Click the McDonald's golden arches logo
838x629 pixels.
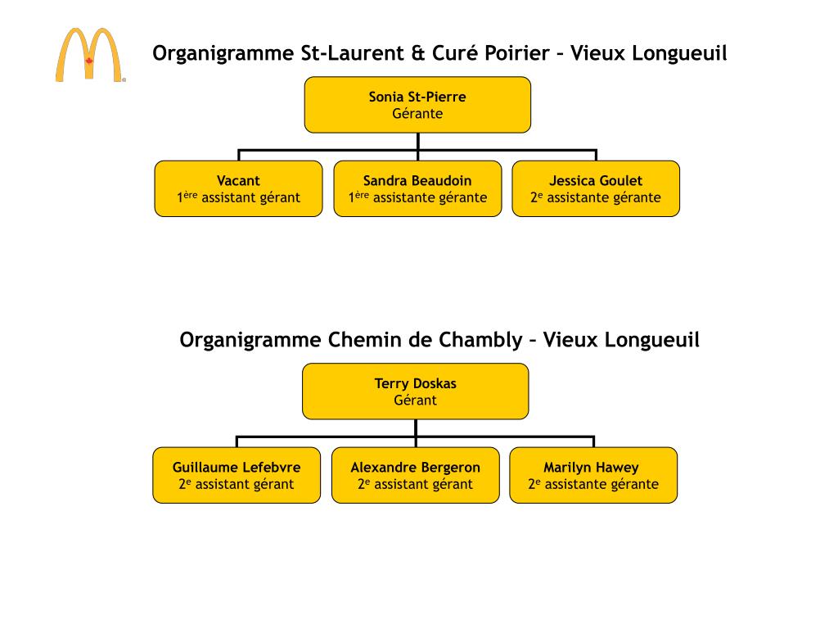pyautogui.click(x=90, y=55)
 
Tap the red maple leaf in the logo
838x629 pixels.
pyautogui.click(x=90, y=61)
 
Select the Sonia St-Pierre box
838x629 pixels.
pyautogui.click(x=417, y=105)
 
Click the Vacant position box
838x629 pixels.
pyautogui.click(x=238, y=188)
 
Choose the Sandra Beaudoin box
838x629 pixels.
pyautogui.click(x=417, y=188)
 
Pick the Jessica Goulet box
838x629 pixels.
pyautogui.click(x=596, y=188)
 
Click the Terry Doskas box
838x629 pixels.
pyautogui.click(x=415, y=391)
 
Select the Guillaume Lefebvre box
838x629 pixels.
pyautogui.click(x=237, y=475)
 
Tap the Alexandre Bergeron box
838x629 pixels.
pyautogui.click(x=415, y=475)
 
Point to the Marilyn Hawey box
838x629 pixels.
pyautogui.click(x=593, y=475)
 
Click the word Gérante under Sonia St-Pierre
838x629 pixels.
pyautogui.click(x=417, y=114)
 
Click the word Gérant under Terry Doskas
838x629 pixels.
pyautogui.click(x=415, y=400)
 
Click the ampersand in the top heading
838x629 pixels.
pyautogui.click(x=417, y=54)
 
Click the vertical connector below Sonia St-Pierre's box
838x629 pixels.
pyautogui.click(x=417, y=141)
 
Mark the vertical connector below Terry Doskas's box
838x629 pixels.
pyautogui.click(x=416, y=428)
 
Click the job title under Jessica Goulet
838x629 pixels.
pyautogui.click(x=596, y=197)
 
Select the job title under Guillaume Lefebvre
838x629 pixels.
pyautogui.click(x=237, y=484)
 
